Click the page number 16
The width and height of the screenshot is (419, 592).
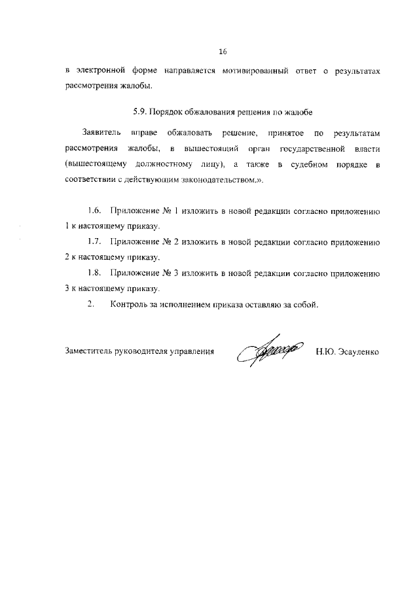[x=223, y=50]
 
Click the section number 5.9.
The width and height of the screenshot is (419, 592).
[x=123, y=111]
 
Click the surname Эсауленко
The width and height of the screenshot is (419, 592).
[x=359, y=351]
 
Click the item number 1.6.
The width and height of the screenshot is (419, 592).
[x=95, y=211]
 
